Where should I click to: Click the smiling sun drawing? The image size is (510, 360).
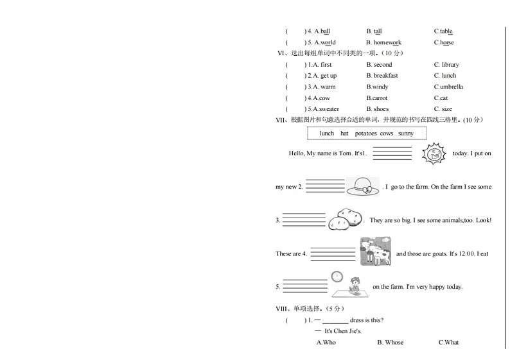pyautogui.click(x=434, y=154)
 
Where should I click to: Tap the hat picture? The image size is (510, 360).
pyautogui.click(x=363, y=186)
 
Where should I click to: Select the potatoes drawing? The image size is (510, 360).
pyautogui.click(x=346, y=219)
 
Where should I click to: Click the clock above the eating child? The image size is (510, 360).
pyautogui.click(x=337, y=277)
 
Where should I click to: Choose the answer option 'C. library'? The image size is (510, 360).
pyautogui.click(x=446, y=65)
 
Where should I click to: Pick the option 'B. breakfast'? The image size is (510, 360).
pyautogui.click(x=382, y=76)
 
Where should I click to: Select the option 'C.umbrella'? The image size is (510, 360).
pyautogui.click(x=448, y=87)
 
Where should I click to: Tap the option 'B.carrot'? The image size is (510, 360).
pyautogui.click(x=377, y=98)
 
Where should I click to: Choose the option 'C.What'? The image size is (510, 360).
pyautogui.click(x=449, y=343)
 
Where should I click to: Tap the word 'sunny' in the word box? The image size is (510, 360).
pyautogui.click(x=406, y=133)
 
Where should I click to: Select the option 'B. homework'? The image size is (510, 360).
pyautogui.click(x=383, y=43)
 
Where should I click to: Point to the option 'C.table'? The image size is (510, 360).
pyautogui.click(x=443, y=31)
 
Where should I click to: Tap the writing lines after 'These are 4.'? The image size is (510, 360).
pyautogui.click(x=333, y=253)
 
